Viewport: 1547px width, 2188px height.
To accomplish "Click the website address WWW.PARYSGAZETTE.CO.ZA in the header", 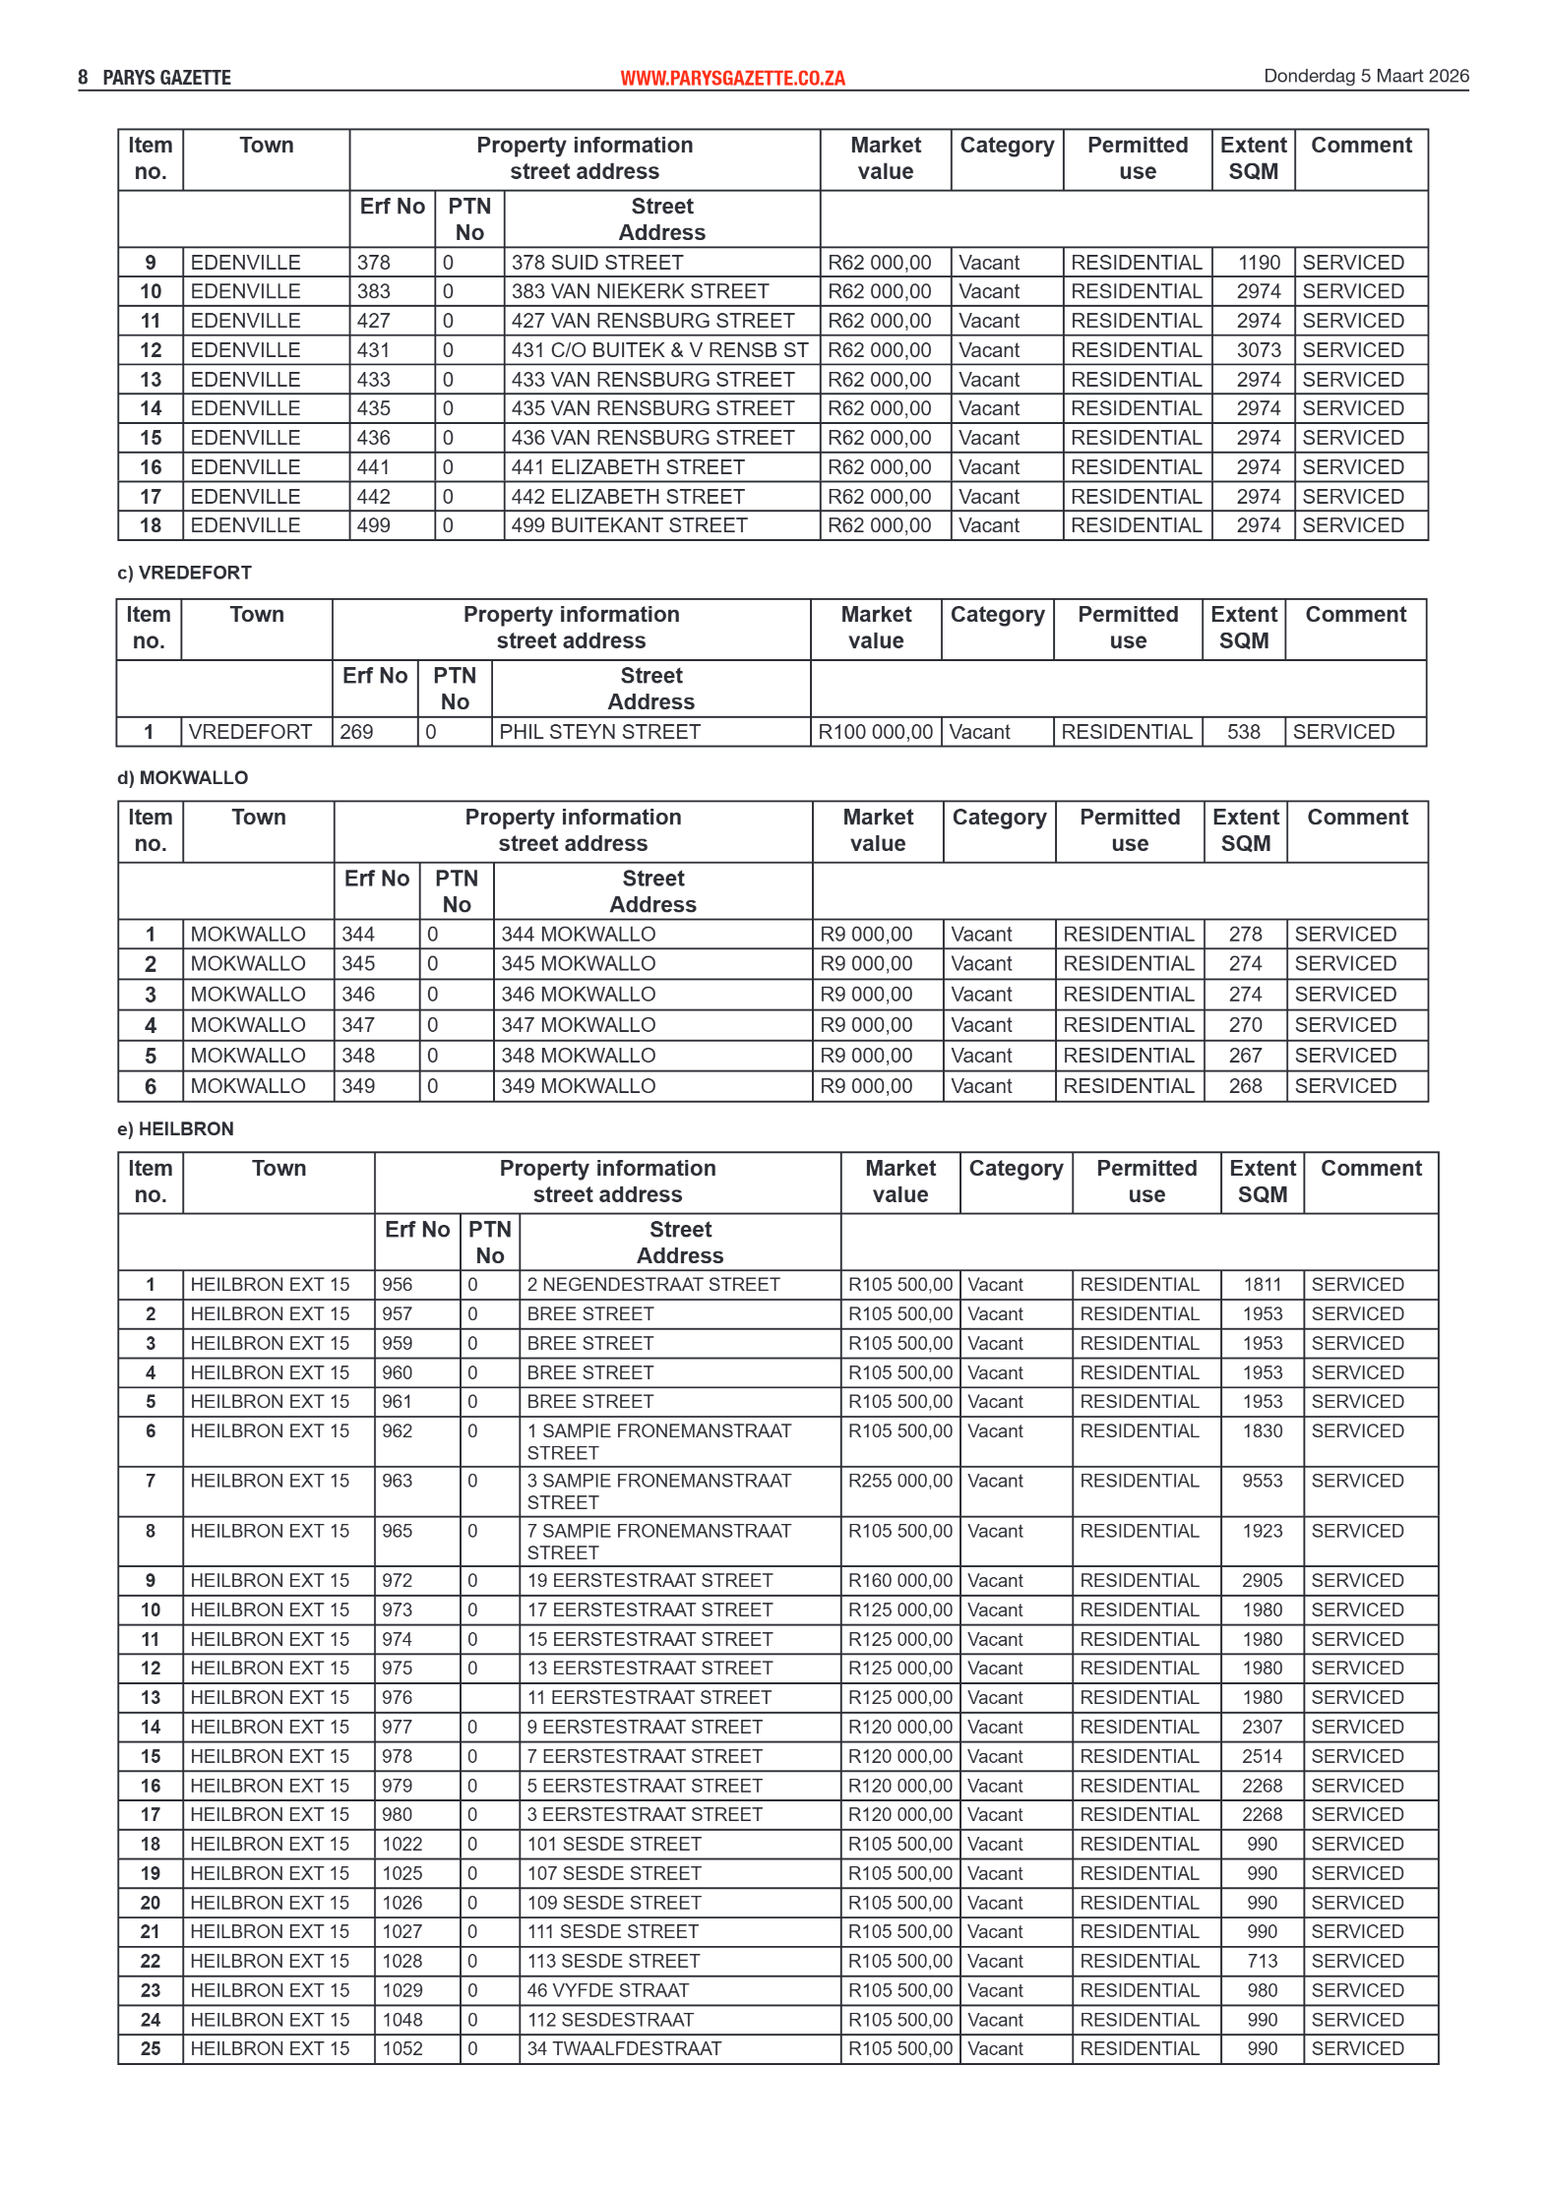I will [732, 78].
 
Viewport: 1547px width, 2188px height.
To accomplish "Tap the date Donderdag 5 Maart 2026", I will [1366, 76].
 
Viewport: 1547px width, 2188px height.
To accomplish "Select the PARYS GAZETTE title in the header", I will [166, 78].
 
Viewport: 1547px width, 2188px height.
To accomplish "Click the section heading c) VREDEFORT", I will [184, 573].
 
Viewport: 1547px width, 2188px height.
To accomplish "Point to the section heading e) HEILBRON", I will [175, 1128].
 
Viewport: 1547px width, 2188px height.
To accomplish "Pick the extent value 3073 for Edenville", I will [1259, 350].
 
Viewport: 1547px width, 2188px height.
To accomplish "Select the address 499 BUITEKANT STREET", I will [629, 525].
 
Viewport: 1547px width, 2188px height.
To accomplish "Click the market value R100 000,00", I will [875, 732].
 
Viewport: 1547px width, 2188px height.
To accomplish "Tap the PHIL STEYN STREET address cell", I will [599, 732].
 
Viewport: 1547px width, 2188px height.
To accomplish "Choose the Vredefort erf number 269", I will [356, 732].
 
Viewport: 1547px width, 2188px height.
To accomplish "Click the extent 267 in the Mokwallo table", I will [1245, 1056].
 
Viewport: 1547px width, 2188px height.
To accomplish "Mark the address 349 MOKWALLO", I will [578, 1086].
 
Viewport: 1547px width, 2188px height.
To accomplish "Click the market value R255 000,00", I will [899, 1481].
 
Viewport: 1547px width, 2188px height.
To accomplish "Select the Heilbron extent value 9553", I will [1262, 1481].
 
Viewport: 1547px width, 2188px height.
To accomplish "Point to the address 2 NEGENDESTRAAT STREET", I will [652, 1285].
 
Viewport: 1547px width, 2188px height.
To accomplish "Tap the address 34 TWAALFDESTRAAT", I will [624, 2048].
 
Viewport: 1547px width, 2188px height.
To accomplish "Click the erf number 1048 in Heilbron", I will [402, 2020].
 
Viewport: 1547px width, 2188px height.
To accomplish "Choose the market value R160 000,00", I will [899, 1580].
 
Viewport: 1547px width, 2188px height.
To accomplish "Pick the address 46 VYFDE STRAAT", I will [607, 1990].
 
